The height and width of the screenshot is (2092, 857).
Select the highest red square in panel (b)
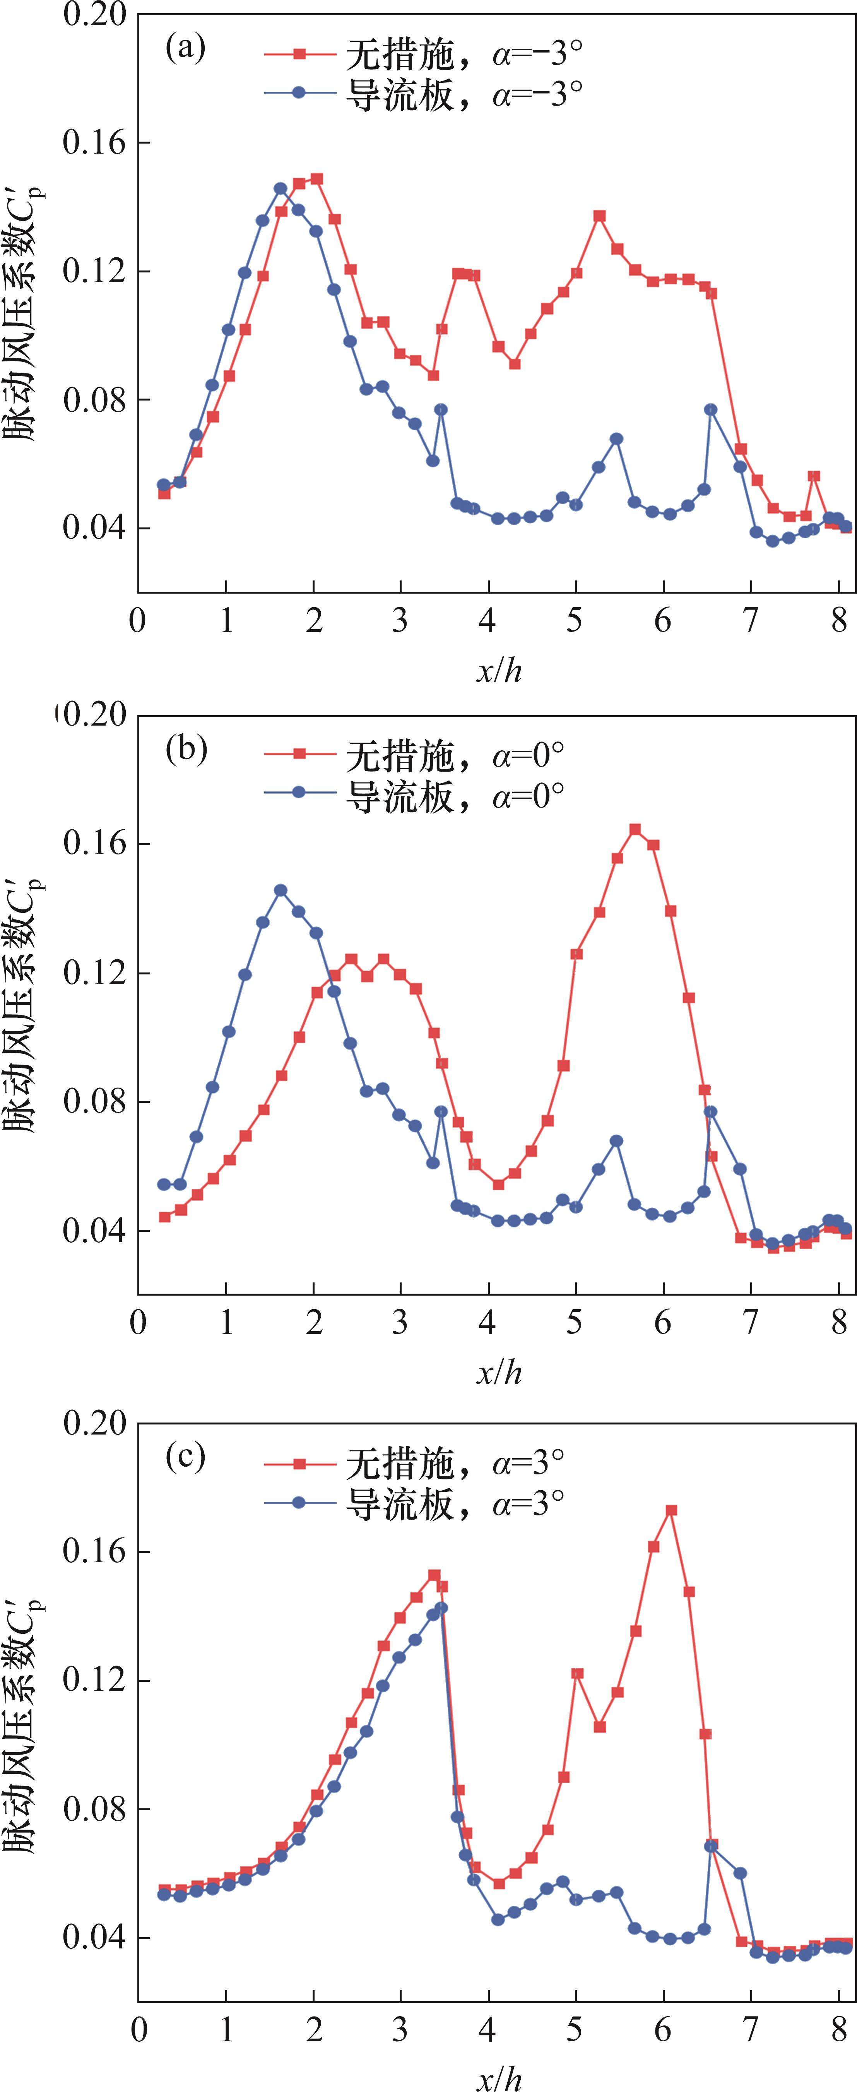tap(635, 829)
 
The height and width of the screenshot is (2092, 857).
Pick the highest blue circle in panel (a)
tap(280, 188)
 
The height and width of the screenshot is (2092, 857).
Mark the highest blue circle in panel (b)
tap(280, 890)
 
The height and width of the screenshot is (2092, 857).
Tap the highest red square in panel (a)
tap(317, 179)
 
